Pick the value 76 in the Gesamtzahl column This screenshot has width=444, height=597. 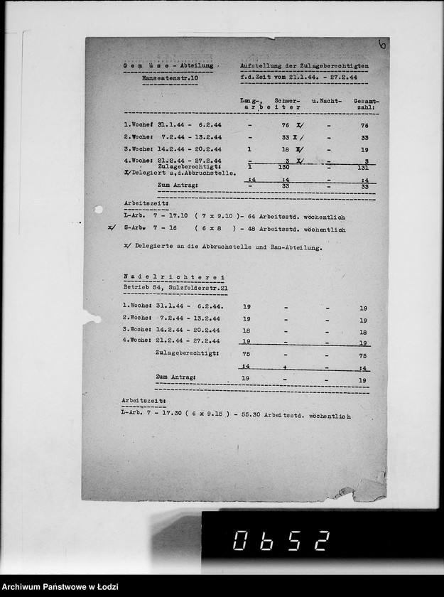[364, 125]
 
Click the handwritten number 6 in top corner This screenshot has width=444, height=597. [383, 45]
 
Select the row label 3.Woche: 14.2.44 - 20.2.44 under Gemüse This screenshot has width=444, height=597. [173, 150]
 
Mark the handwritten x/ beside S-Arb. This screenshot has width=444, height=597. [109, 229]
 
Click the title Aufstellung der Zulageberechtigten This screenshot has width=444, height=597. [305, 65]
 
